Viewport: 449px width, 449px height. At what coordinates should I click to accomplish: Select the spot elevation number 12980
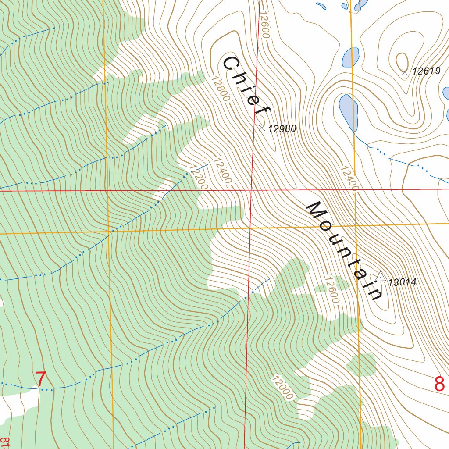click(x=282, y=129)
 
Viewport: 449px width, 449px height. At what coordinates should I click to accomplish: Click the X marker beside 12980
click(x=262, y=128)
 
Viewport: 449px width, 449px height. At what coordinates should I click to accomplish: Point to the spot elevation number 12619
click(x=426, y=71)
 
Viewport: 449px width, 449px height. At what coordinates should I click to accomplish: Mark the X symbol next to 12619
click(x=404, y=71)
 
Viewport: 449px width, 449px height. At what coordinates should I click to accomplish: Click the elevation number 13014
click(x=402, y=282)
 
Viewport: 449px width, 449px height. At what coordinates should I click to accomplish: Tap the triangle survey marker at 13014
click(x=380, y=277)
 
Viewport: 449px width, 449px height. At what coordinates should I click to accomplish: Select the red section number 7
click(x=40, y=379)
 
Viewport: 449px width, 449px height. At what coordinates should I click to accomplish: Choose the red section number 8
click(x=439, y=384)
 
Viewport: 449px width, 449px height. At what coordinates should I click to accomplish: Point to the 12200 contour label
click(x=198, y=177)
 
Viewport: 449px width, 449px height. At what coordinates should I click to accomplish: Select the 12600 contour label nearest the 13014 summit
click(x=332, y=289)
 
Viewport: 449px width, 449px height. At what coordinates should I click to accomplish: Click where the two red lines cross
click(x=251, y=190)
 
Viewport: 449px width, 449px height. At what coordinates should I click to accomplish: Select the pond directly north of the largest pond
click(x=351, y=57)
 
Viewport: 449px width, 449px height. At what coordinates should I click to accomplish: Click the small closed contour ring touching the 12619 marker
click(x=401, y=61)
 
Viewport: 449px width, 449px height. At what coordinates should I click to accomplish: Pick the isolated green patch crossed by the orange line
click(x=361, y=365)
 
